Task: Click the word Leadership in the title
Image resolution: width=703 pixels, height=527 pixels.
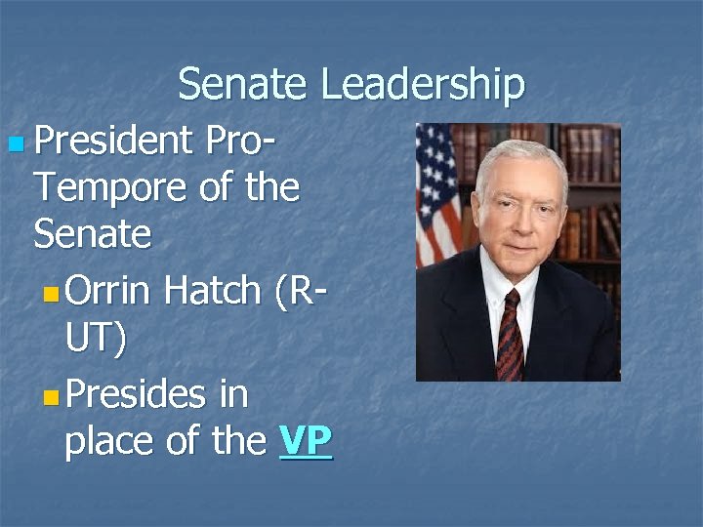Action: (x=423, y=86)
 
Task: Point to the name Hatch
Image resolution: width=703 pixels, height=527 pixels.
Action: (x=212, y=290)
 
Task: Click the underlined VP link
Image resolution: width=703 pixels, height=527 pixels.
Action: (x=306, y=442)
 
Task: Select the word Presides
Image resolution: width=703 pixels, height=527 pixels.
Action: (x=137, y=395)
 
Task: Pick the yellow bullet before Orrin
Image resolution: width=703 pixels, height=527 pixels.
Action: (x=52, y=293)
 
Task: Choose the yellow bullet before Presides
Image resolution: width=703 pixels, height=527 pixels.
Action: (x=52, y=398)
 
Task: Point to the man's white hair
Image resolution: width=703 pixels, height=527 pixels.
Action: (x=520, y=155)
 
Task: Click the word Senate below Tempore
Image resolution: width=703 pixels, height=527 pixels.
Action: (x=92, y=234)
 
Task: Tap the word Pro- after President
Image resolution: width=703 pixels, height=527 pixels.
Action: (x=240, y=142)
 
